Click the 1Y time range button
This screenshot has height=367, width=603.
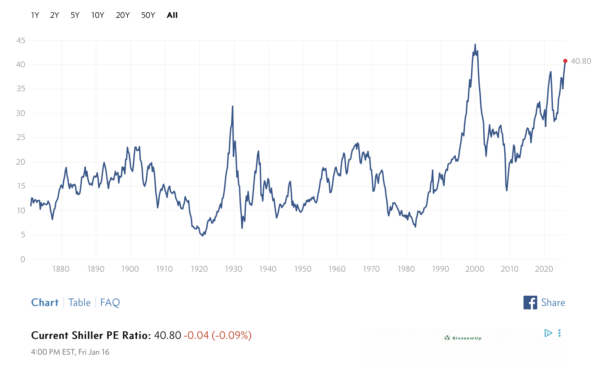pos(35,15)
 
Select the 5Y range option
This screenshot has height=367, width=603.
pos(75,15)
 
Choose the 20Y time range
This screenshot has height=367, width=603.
pos(123,15)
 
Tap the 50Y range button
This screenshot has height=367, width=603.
pos(148,15)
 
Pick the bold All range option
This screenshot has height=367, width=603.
pos(172,15)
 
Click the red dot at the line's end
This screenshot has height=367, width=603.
pos(565,61)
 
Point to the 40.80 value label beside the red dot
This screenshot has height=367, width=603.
pos(581,61)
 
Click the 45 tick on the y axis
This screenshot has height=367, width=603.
pos(21,40)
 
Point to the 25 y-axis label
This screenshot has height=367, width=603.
pos(21,138)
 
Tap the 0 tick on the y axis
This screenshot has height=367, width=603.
pos(23,259)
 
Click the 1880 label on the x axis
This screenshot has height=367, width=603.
pos(61,269)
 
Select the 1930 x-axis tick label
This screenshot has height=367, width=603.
pos(234,269)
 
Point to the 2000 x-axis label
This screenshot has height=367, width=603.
pos(475,269)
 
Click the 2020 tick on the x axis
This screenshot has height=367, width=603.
pos(544,269)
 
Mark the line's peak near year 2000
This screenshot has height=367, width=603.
pos(475,45)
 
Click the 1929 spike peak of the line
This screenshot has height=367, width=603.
pos(233,106)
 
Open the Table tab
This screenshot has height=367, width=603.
pos(79,303)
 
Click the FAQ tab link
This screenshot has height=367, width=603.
pos(110,303)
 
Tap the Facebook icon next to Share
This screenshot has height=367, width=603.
pos(530,303)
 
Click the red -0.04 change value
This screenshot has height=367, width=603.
pos(196,335)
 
